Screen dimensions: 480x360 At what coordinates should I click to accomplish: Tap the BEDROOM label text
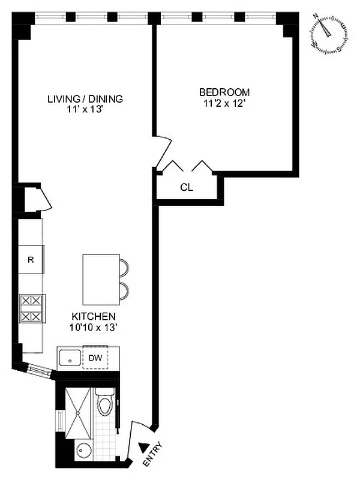coord(224,92)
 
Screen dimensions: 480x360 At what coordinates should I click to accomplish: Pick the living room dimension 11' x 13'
coord(85,109)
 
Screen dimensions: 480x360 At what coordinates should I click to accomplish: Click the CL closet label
coord(187,187)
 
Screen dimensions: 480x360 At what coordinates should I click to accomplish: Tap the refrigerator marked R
coord(30,260)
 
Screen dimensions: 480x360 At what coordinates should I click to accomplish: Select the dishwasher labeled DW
coord(95,358)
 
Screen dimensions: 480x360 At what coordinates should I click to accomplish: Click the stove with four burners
coord(32,308)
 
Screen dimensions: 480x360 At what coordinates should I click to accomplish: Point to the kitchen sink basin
coord(70,359)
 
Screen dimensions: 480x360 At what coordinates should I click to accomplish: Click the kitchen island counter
coord(101,280)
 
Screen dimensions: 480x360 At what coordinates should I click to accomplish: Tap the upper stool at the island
coord(124,266)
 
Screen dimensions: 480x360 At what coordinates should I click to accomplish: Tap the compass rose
coord(328,34)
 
